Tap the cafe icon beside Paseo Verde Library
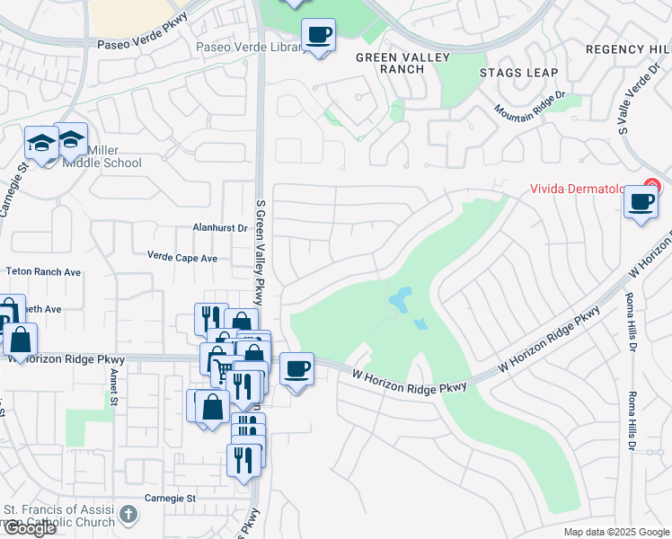click(x=318, y=35)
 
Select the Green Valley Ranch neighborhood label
click(x=390, y=63)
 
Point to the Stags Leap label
click(x=518, y=73)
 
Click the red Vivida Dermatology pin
click(x=651, y=188)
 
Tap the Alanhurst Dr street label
click(x=220, y=228)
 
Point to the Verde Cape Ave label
click(x=182, y=257)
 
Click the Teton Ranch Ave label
click(x=43, y=271)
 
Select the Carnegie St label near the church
click(x=170, y=498)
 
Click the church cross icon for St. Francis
click(x=129, y=515)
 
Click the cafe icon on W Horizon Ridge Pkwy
click(x=297, y=368)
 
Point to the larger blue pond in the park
click(x=399, y=296)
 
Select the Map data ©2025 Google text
click(x=615, y=532)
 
